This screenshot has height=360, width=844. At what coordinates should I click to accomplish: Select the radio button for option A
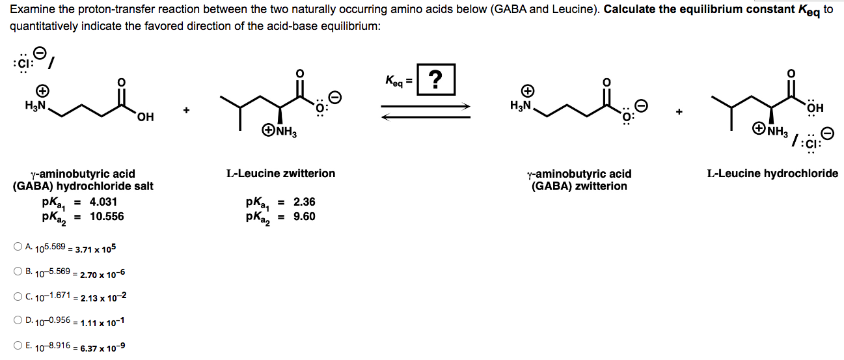(17, 247)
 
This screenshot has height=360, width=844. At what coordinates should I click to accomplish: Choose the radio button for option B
(17, 271)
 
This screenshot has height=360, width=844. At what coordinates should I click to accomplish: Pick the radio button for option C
(17, 296)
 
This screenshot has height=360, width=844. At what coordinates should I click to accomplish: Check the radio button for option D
(17, 320)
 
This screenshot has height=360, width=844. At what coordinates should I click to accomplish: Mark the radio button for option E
(17, 345)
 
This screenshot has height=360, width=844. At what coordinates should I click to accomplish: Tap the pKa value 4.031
(103, 202)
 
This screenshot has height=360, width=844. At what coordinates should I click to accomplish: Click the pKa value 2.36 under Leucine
(304, 202)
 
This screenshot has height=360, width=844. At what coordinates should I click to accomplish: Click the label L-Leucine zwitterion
(280, 173)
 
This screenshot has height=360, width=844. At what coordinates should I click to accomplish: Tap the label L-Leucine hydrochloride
(772, 173)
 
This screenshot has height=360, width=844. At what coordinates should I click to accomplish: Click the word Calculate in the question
(628, 10)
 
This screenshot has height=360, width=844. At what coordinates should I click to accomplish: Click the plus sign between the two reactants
(186, 111)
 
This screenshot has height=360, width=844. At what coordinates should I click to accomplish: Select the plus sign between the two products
(679, 111)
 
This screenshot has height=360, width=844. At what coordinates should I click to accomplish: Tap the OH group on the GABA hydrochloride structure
(145, 117)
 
